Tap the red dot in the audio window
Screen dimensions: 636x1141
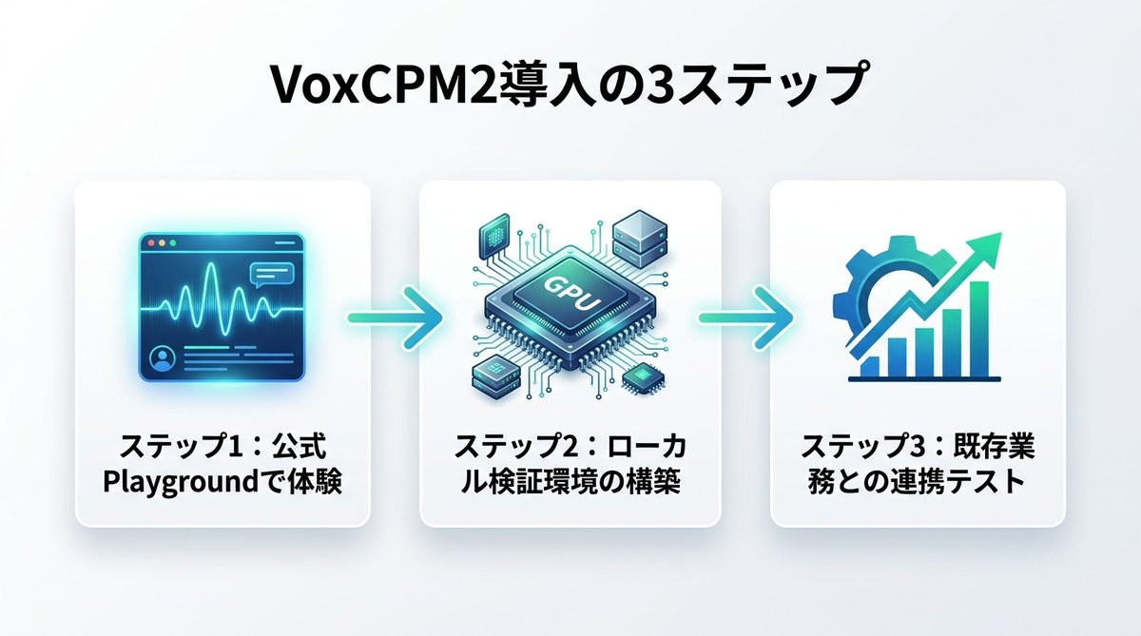(x=149, y=243)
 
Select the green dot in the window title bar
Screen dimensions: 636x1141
(x=173, y=243)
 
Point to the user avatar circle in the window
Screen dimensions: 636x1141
(x=164, y=360)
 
